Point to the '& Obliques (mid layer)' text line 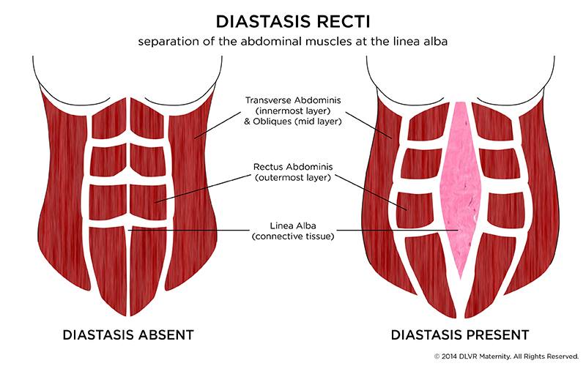coord(293,122)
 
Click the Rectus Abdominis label coord(293,165)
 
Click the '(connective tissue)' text coord(293,236)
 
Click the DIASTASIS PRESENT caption coord(460,335)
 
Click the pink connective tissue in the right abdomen coord(460,190)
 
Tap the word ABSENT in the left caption coord(166,335)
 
